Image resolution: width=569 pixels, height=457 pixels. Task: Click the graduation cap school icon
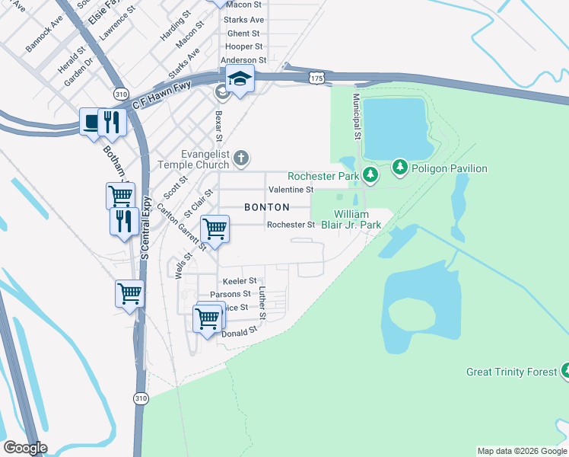coord(240,78)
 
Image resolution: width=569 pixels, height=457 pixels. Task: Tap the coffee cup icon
coord(92,121)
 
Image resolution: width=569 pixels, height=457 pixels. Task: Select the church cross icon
coord(241,158)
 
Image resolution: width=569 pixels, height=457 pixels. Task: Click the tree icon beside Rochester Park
coord(370,175)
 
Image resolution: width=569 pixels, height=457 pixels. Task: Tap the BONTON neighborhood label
coord(266,207)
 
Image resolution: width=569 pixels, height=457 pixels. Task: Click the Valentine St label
coord(290,189)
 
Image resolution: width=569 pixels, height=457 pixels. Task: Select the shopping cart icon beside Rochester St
coord(215,228)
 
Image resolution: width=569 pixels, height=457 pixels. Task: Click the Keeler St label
coord(239,281)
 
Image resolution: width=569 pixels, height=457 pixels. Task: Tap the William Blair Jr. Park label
coord(357,219)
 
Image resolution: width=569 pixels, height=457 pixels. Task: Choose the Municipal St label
coord(355,116)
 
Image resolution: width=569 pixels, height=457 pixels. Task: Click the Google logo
coord(26,448)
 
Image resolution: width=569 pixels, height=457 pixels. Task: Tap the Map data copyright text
coord(521,451)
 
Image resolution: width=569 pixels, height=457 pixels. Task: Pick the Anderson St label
coord(243,60)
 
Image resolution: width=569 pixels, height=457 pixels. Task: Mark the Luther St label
coord(262,302)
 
